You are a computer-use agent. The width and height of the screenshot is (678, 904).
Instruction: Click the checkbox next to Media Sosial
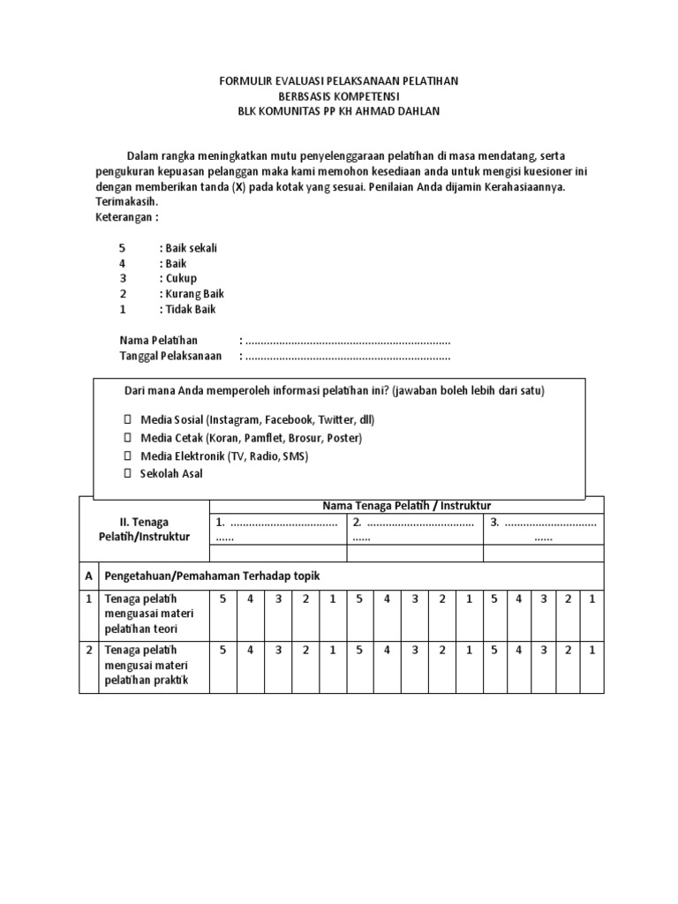[x=126, y=419]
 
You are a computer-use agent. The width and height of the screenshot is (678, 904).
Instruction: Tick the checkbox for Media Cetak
[x=126, y=438]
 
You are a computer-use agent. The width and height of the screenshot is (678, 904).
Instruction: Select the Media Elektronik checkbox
[x=126, y=456]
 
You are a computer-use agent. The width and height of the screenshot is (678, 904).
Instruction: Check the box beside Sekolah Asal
[x=126, y=474]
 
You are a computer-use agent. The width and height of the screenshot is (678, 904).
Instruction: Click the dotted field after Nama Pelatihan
[x=348, y=341]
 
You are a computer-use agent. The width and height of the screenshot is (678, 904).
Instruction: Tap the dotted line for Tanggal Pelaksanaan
[x=348, y=357]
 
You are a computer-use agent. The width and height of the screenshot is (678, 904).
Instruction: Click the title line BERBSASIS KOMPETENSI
[x=339, y=96]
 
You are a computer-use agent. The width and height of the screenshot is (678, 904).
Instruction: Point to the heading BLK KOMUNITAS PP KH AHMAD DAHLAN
[x=339, y=111]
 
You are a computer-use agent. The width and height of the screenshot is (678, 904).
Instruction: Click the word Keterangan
[x=128, y=217]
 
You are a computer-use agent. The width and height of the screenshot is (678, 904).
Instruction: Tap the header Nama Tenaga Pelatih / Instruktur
[x=407, y=504]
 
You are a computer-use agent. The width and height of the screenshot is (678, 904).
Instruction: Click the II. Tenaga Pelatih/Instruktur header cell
[x=144, y=530]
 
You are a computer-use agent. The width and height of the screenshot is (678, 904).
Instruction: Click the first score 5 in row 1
[x=223, y=599]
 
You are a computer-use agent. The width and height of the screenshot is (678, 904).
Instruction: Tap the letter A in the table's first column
[x=88, y=576]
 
